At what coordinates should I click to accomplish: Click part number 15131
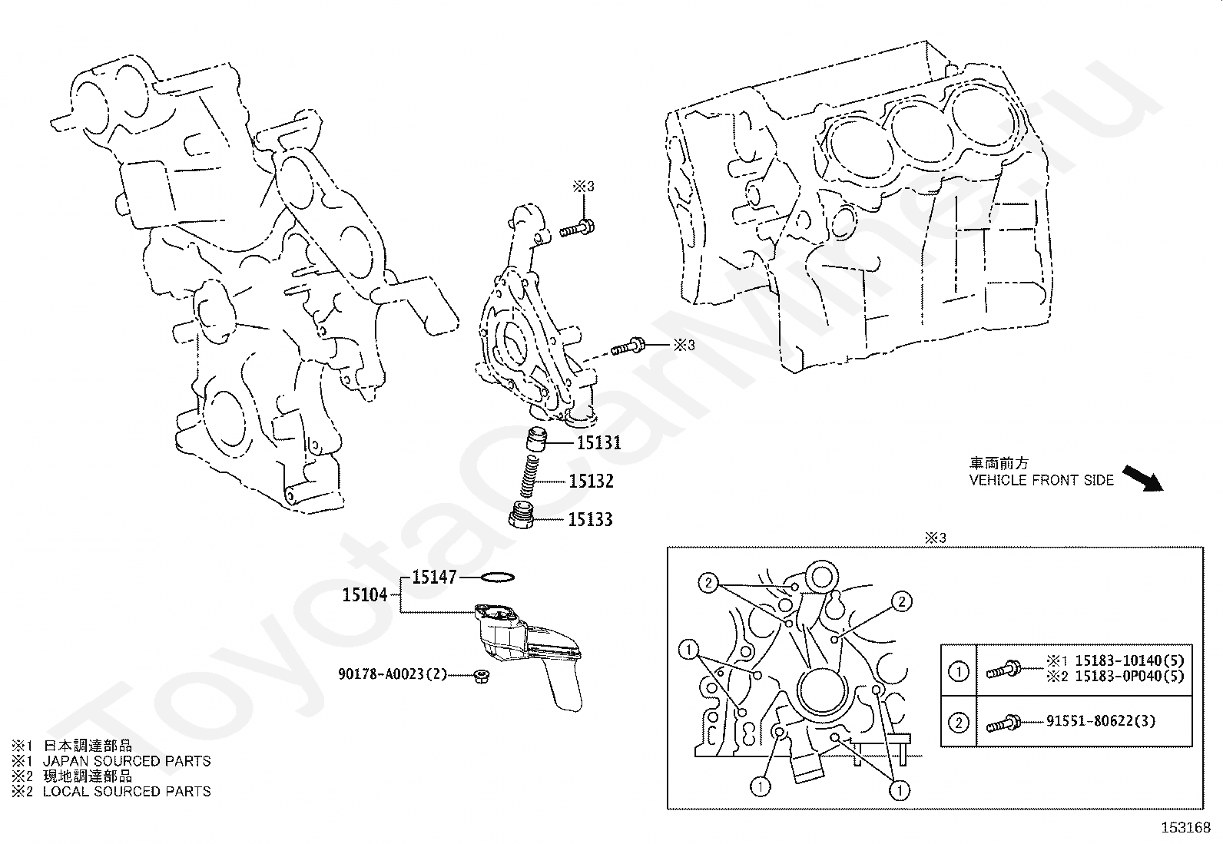tap(598, 443)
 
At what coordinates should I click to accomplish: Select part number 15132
tap(591, 482)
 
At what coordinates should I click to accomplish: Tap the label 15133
tap(590, 520)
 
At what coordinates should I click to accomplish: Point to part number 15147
tap(434, 577)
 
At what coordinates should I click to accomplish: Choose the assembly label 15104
tap(365, 594)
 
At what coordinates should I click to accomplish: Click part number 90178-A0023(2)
tap(393, 674)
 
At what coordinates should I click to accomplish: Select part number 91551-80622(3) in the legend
tap(1101, 721)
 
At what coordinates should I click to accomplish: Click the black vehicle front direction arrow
tap(1143, 477)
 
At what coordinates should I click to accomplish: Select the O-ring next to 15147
tap(496, 577)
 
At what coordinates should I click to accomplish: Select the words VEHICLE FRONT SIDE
tap(1041, 480)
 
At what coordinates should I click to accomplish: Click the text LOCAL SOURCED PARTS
tap(127, 791)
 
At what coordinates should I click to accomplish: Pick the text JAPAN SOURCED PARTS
tap(127, 761)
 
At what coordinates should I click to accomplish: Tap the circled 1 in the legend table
tap(959, 672)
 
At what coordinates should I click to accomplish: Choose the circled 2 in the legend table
tap(959, 722)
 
